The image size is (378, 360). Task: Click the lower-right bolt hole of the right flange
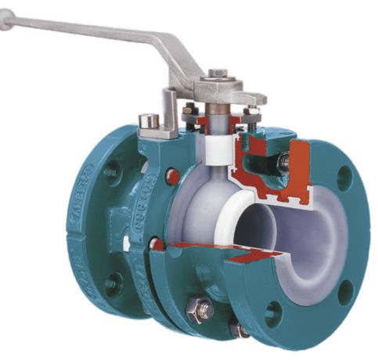pos(344,292)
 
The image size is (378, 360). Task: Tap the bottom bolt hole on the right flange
pos(272,315)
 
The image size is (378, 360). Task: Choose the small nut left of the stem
pos(190,112)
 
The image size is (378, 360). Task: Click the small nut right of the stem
pos(252,112)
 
